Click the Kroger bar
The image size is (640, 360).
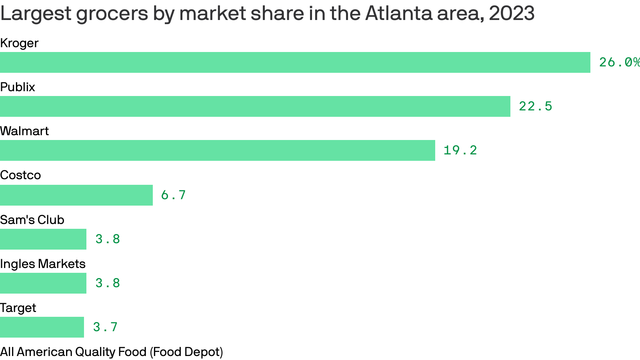295,62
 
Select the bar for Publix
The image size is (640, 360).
255,106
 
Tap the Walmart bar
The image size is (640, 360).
218,150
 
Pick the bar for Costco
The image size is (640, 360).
76,195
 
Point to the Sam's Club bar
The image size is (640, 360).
43,239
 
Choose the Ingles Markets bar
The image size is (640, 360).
43,283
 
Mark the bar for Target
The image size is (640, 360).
42,327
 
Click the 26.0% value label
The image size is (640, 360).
619,62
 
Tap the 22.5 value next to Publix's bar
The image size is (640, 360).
536,106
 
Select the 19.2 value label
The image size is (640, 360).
460,150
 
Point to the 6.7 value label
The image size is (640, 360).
174,195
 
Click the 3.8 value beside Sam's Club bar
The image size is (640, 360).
108,239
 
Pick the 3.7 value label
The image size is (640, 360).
105,327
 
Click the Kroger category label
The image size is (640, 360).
19,43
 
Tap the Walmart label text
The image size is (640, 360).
24,131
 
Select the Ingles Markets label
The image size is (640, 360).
43,264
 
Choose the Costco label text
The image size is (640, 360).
20,175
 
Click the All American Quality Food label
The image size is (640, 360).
112,352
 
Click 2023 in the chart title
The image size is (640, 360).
512,14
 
